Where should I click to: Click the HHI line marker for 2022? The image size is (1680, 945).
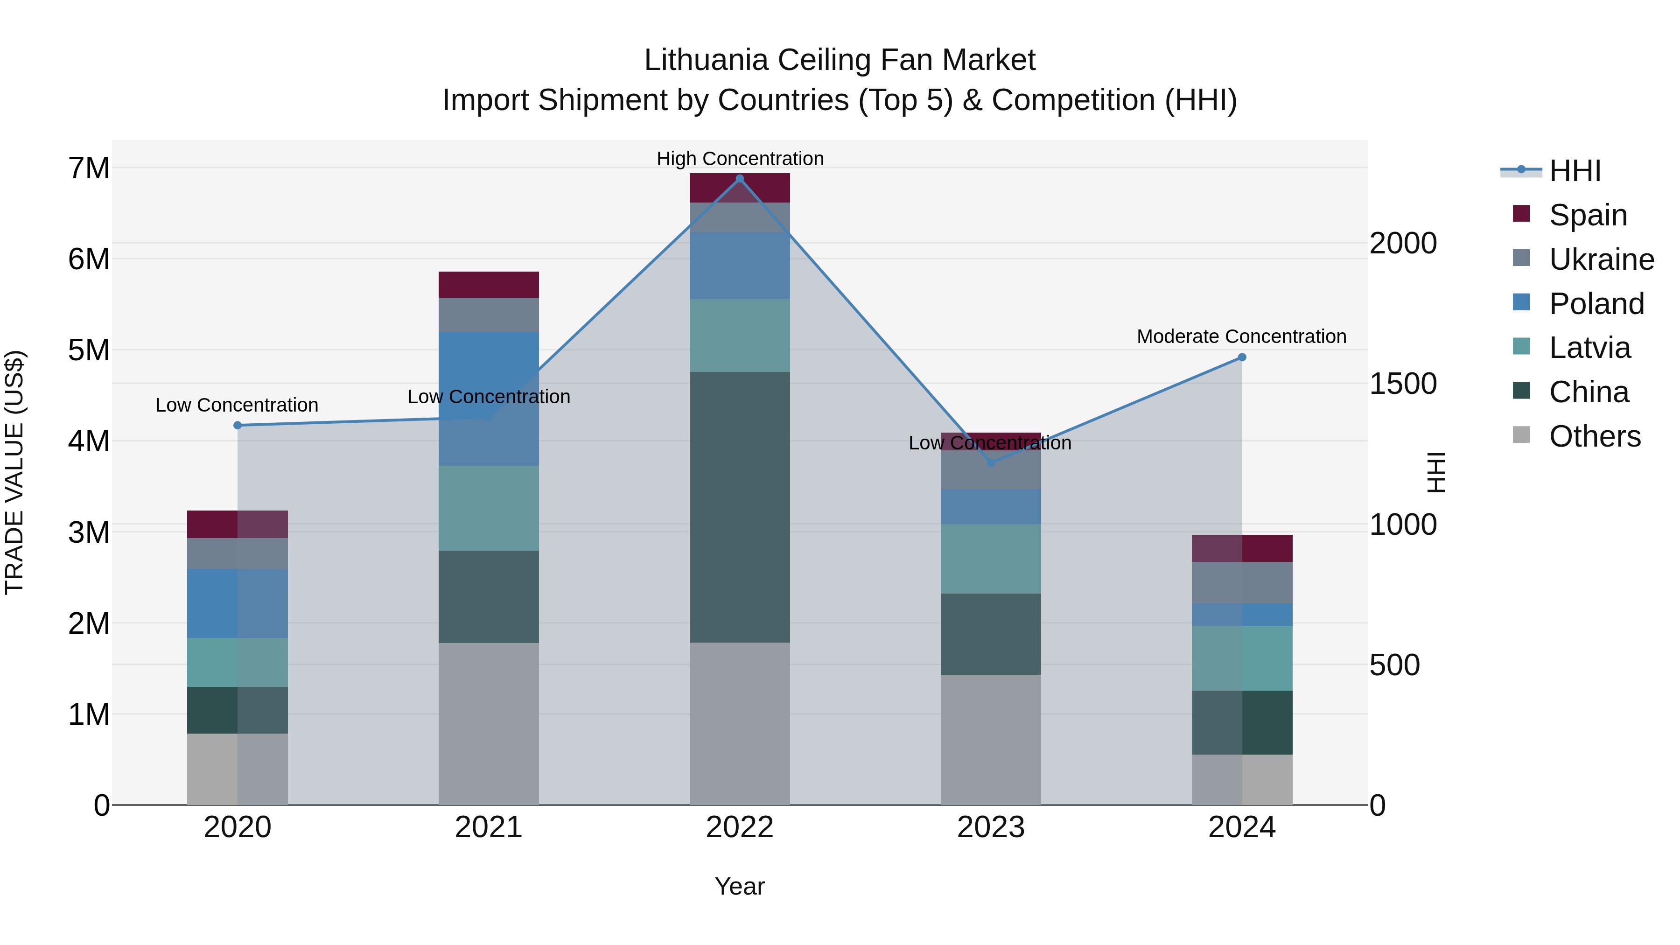740,179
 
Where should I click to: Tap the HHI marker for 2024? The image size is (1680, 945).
1242,357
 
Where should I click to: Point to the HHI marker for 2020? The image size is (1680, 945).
238,425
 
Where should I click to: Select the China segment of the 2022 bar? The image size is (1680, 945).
740,507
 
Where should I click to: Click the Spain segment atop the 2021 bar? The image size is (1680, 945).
489,284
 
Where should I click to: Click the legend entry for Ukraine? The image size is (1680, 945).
1601,259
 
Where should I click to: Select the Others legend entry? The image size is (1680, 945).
1594,436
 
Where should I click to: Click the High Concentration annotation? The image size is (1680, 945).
740,159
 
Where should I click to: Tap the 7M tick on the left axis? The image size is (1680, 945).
89,168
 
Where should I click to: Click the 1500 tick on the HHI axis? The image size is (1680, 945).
1402,384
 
